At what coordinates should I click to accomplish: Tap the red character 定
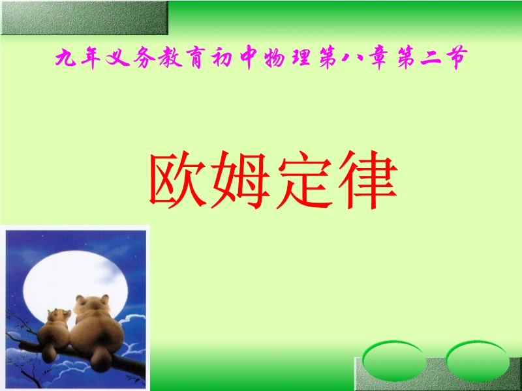[x=305, y=180]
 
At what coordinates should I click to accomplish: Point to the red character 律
[x=368, y=180]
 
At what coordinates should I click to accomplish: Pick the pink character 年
[x=91, y=58]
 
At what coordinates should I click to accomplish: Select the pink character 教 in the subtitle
[x=170, y=57]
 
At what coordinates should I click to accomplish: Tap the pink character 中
[x=249, y=58]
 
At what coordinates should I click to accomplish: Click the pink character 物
[x=275, y=58]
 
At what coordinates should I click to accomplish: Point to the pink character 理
[x=301, y=57]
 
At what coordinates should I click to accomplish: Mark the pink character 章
[x=379, y=58]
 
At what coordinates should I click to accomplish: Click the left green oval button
[x=394, y=360]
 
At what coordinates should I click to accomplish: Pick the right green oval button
[x=478, y=360]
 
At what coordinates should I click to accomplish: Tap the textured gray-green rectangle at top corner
[x=85, y=18]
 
